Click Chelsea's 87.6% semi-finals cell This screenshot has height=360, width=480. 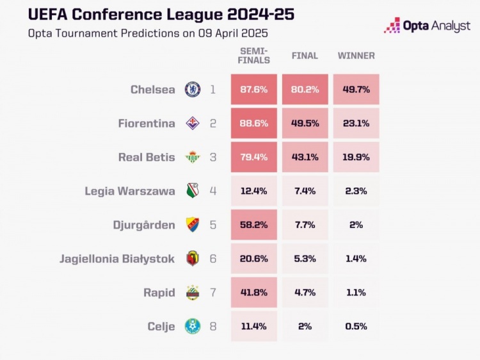tap(254, 90)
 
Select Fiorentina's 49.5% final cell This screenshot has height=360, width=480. tap(305, 124)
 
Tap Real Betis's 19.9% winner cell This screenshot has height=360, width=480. tap(356, 158)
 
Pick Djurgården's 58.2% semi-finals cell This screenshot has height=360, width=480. tap(254, 225)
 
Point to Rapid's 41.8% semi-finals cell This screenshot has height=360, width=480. tap(254, 293)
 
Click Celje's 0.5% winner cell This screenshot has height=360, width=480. tap(356, 326)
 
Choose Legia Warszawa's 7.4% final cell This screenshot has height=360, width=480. tap(305, 191)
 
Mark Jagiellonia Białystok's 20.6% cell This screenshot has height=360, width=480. tap(254, 259)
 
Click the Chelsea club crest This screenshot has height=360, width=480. tap(193, 90)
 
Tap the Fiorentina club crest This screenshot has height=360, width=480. tap(193, 124)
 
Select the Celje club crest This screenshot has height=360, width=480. tap(193, 326)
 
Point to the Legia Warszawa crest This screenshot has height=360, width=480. tap(193, 191)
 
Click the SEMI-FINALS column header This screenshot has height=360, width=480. tap(254, 56)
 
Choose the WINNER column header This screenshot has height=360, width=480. tap(356, 56)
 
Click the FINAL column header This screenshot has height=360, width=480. tap(305, 56)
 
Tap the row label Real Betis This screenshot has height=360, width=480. tap(147, 158)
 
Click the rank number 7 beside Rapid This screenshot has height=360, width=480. tap(213, 293)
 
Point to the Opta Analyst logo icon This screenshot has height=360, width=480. tap(392, 26)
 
